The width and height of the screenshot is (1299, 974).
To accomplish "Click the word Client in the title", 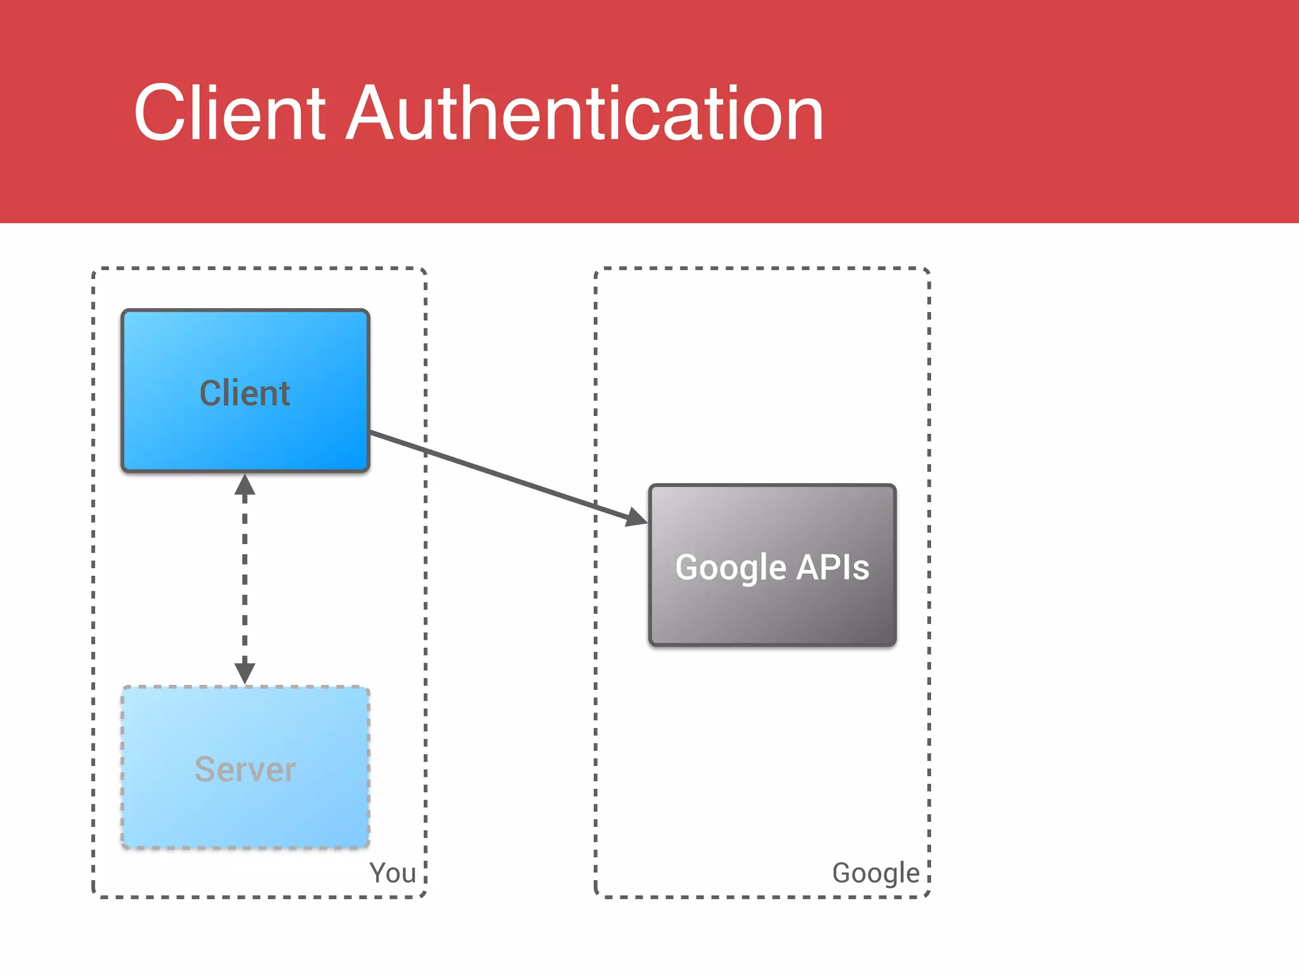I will (230, 114).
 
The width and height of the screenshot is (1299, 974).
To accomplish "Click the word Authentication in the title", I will (585, 114).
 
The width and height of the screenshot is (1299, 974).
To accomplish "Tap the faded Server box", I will (245, 812).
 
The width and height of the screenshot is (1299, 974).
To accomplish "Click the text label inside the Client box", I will (245, 393).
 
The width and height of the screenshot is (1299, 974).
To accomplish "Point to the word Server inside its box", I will (245, 769).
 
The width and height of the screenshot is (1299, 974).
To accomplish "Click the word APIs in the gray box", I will (832, 567).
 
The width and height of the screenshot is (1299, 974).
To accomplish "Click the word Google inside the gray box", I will (731, 567).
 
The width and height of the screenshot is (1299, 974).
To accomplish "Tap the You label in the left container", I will (393, 873).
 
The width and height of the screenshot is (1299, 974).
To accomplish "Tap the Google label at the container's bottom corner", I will (875, 873).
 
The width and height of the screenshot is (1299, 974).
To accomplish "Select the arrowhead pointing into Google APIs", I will (636, 517).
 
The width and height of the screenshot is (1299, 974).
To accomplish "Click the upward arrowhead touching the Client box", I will (245, 486).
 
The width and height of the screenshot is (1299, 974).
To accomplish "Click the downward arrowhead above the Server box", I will (245, 672).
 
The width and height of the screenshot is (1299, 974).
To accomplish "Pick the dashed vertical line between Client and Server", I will (245, 577).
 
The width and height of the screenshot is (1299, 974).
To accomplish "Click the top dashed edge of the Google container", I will (761, 268).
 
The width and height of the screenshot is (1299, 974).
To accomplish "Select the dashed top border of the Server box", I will (245, 687).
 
